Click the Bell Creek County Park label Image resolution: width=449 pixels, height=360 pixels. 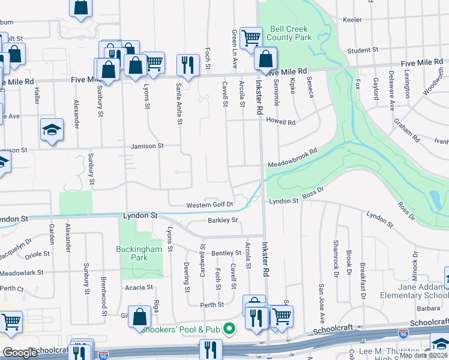pos(290,33)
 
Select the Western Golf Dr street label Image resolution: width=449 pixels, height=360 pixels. pos(208,205)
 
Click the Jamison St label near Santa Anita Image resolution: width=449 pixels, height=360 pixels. pos(148,146)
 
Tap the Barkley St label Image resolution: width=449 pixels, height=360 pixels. pos(223,220)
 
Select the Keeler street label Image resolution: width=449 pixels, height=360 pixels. pos(352,20)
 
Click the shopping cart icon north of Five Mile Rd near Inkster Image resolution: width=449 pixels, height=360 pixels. pos(251,38)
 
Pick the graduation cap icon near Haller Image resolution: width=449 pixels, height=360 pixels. pos(52,130)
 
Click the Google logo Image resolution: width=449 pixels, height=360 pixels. pos(20,353)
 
